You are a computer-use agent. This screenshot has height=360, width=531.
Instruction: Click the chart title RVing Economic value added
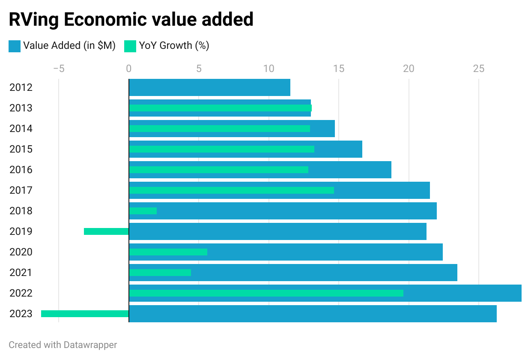pos(131,20)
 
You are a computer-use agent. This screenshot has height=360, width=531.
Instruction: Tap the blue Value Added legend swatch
pos(15,46)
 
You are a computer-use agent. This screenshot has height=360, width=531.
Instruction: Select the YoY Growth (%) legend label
pos(174,45)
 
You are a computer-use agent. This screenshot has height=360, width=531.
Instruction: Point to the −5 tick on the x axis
pos(59,69)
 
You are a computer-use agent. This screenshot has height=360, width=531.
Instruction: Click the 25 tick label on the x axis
pos(478,69)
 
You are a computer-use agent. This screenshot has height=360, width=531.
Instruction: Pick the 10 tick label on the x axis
pos(268,69)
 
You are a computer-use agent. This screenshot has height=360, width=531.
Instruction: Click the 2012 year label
pos(21,87)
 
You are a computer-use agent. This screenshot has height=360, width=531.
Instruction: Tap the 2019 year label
pos(21,231)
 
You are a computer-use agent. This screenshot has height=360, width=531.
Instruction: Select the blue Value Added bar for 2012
pos(209,87)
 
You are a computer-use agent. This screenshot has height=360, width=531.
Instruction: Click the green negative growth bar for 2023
pos(85,314)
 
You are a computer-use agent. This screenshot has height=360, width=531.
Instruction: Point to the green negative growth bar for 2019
pos(106,231)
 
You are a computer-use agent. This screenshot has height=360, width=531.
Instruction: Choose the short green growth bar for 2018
pos(143,211)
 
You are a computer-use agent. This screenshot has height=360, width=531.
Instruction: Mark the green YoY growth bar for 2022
pos(266,293)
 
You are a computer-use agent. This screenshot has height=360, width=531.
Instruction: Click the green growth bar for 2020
pos(168,252)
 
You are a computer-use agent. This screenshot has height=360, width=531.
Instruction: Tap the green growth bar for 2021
pos(160,273)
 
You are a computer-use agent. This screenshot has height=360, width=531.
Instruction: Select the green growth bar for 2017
pos(231,190)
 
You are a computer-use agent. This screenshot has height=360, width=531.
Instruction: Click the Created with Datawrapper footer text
pos(63,345)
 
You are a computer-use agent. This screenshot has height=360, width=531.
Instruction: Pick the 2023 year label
pos(21,314)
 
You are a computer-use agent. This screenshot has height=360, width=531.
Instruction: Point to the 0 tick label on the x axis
pos(128,69)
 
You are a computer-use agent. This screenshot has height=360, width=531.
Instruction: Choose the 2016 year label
pos(21,170)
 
